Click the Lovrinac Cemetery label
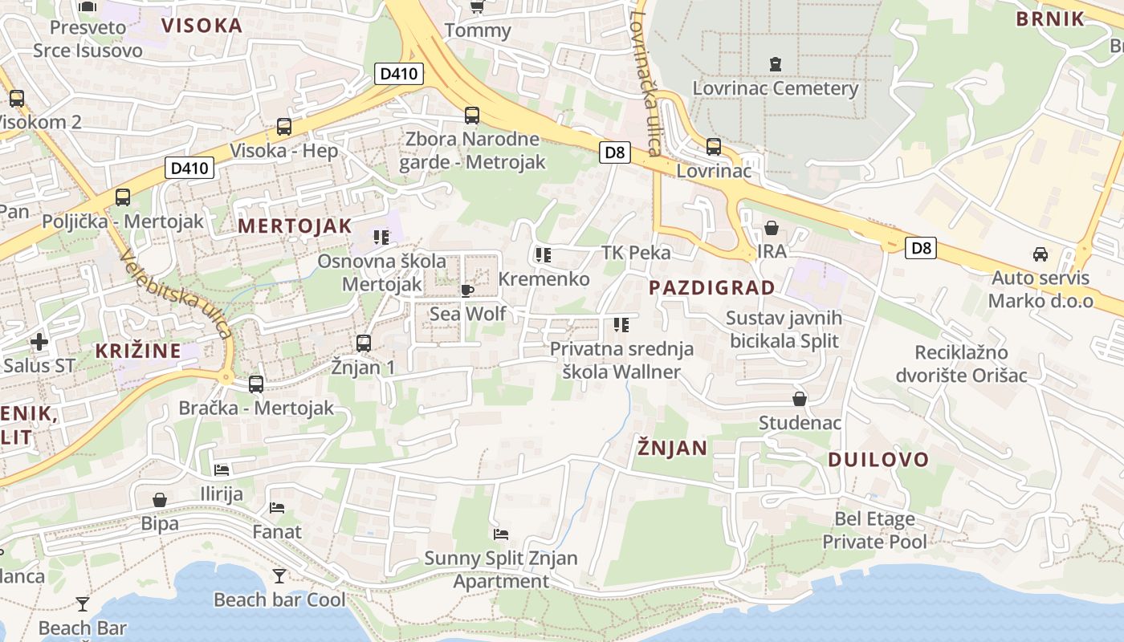click(776, 88)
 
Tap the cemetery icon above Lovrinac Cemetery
click(775, 63)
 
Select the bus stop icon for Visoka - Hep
click(284, 126)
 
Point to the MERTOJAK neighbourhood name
click(295, 226)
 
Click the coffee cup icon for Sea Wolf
click(467, 290)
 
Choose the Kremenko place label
click(544, 279)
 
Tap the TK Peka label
click(636, 253)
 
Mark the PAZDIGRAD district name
click(712, 287)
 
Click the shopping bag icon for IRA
click(772, 228)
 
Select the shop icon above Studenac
click(800, 399)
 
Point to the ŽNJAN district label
click(672, 448)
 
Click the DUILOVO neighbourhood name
click(878, 460)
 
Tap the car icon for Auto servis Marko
click(1040, 254)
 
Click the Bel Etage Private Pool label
click(874, 530)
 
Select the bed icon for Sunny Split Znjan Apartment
click(501, 534)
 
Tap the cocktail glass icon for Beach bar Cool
click(279, 575)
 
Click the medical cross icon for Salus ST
click(39, 343)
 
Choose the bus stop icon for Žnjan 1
click(364, 343)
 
